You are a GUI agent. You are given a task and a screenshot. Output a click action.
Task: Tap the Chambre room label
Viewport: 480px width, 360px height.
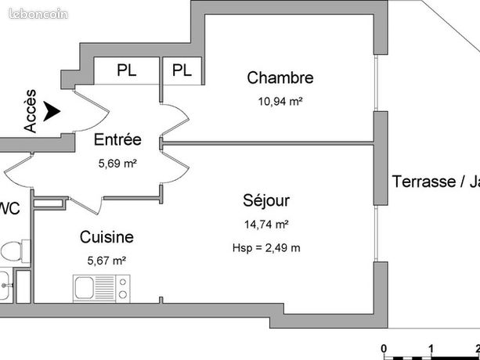pos(280,77)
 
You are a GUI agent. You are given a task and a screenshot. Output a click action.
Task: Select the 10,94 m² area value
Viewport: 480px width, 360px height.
pos(280,100)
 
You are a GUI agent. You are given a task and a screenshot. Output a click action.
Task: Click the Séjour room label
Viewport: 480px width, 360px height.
pos(266,200)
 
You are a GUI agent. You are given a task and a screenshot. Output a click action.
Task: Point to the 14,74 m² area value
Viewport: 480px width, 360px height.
pos(266,225)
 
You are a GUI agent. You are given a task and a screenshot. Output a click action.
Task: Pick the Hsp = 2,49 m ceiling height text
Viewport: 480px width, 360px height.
pos(266,247)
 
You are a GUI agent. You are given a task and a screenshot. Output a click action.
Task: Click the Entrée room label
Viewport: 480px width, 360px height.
pos(117,140)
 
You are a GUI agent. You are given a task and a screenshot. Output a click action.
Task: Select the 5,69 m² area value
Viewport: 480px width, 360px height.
pos(117,164)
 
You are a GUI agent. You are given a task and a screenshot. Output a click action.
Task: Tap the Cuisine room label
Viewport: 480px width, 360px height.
pos(106,236)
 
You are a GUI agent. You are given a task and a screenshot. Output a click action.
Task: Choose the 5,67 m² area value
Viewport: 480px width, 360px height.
pos(106,260)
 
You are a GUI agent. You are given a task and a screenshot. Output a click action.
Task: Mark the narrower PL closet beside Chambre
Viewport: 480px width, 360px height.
pos(182,70)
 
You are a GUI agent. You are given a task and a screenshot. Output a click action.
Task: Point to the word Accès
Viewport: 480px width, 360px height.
pos(31,111)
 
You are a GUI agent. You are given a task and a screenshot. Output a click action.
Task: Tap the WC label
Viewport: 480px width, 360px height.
pos(9,208)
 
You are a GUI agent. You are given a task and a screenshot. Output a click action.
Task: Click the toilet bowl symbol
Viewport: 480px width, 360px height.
pos(11,252)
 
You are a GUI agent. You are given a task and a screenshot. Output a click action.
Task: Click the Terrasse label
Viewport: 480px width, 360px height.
pos(431,182)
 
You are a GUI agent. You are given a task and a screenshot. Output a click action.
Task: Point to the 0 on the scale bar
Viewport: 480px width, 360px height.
pos(384,348)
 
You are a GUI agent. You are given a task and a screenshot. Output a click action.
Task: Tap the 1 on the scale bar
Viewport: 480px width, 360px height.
pos(431,348)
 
